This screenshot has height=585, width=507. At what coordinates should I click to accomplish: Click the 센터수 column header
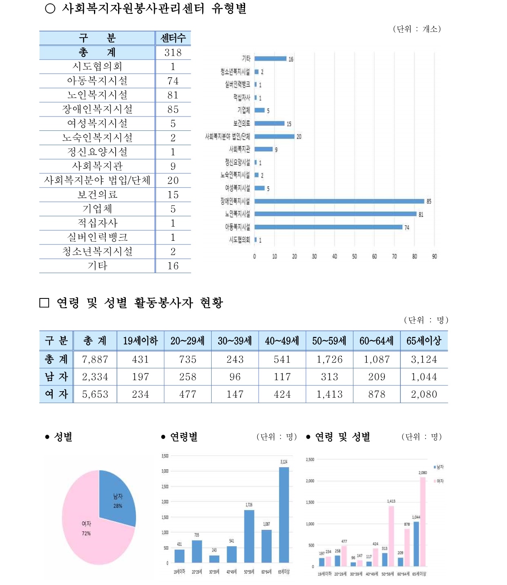pos(173,38)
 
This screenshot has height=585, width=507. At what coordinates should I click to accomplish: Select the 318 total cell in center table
pos(173,53)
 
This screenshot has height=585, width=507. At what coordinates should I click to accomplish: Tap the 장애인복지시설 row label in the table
pos(97,109)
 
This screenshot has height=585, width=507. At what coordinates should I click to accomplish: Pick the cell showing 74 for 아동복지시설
pos(173,81)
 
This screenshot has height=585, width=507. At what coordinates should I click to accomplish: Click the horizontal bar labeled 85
pos(339,201)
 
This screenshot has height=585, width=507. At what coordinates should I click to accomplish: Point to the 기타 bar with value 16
pos(270,59)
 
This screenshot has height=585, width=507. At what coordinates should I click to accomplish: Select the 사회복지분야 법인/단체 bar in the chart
pos(274,137)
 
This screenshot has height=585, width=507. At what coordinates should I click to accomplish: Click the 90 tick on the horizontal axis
pos(434,256)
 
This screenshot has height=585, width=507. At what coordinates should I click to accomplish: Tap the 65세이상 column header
pos(424,341)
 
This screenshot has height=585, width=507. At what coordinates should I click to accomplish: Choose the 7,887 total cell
pos(95,359)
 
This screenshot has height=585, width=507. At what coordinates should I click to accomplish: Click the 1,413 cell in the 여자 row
pos(329,394)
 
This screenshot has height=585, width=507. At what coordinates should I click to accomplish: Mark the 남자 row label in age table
pos(56,377)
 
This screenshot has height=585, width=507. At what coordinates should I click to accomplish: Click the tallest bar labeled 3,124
pos(284,515)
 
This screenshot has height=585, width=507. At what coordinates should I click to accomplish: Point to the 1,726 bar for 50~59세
pos(249,536)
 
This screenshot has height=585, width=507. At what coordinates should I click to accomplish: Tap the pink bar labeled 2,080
pos(422,521)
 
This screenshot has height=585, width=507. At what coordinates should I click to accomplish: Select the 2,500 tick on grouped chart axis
pos(310,459)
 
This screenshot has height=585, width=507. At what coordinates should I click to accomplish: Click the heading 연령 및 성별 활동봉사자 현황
pos(139,303)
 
